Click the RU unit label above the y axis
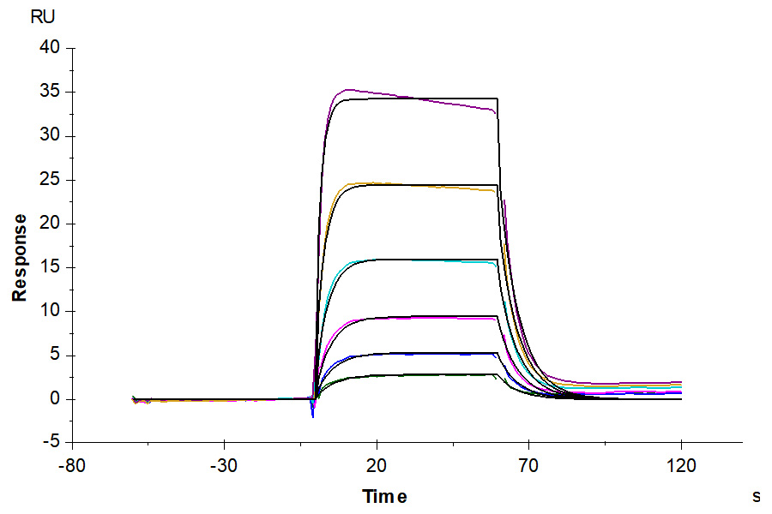[41, 16]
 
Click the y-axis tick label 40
[50, 48]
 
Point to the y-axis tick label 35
[50, 92]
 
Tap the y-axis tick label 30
[50, 135]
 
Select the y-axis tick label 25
[50, 180]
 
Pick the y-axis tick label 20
[50, 224]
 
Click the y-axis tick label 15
[50, 267]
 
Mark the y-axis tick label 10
[50, 311]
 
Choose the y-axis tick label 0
[55, 399]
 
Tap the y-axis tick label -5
[51, 443]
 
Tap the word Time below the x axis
[384, 497]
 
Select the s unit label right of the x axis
[756, 496]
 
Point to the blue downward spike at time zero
[313, 415]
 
